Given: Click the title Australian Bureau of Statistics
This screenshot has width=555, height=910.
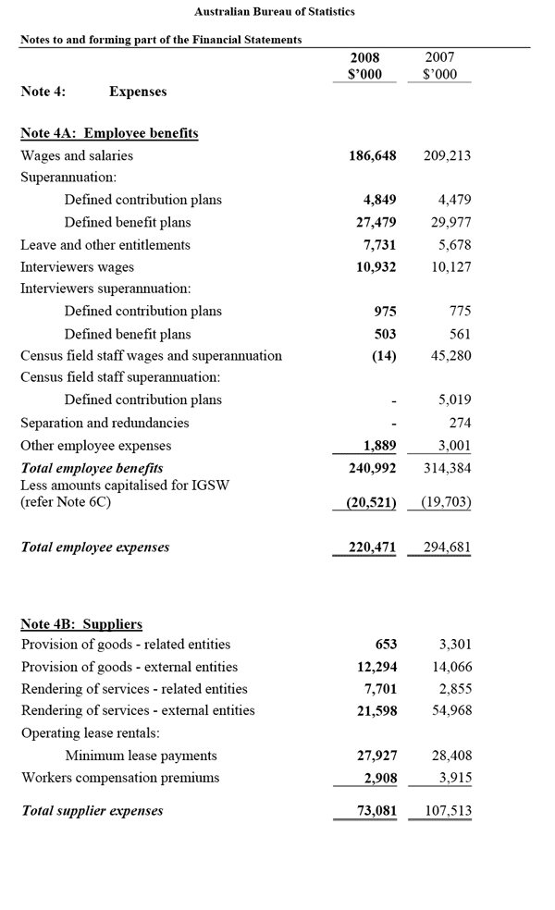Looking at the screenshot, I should click(x=275, y=12).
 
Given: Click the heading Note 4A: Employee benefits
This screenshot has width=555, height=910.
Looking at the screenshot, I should click(x=109, y=133).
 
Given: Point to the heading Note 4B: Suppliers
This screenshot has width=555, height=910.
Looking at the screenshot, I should click(x=81, y=624).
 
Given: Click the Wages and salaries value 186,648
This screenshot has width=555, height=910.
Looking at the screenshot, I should click(x=372, y=156).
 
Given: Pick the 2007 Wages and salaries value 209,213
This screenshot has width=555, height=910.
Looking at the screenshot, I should click(x=447, y=156).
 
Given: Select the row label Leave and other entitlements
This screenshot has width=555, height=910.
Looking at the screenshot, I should click(x=105, y=245).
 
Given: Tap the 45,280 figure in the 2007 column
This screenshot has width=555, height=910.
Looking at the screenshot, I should click(x=450, y=356).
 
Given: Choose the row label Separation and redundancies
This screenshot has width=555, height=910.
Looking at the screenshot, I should click(x=105, y=423).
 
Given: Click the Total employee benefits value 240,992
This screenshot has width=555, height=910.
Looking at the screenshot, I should click(x=372, y=468).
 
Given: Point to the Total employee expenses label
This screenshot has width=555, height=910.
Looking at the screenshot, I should click(x=95, y=547).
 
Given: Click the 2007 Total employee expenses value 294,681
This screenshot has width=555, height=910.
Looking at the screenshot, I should click(x=447, y=547).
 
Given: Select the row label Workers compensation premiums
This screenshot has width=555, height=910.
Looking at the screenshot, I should click(x=120, y=778).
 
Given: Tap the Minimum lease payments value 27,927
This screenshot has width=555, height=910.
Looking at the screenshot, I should click(x=376, y=756).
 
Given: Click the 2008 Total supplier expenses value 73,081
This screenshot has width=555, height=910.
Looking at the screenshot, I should click(x=376, y=811).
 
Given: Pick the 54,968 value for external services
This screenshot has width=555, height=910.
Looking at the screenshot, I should click(x=450, y=711).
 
